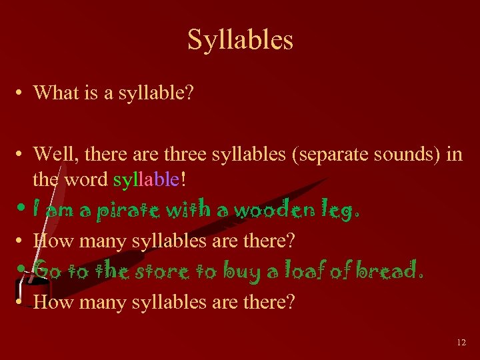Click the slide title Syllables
240,39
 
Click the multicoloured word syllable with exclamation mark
147,179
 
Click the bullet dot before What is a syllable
21,93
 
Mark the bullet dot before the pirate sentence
21,209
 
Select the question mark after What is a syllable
189,93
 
